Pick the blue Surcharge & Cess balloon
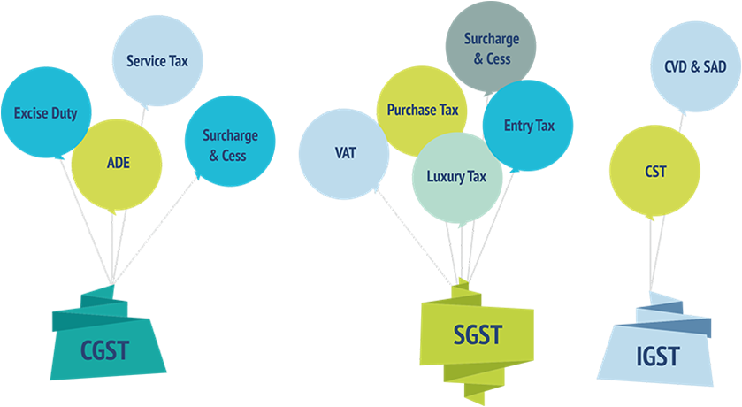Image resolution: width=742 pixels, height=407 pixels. [x=230, y=143]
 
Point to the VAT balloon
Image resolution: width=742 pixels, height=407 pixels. [x=344, y=152]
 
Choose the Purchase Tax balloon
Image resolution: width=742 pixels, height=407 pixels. [x=422, y=110]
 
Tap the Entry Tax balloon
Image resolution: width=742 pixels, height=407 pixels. [x=529, y=126]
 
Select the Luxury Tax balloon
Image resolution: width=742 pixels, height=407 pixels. [x=456, y=176]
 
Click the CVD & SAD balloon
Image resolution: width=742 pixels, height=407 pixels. [x=695, y=66]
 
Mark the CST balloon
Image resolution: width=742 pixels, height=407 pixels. [x=654, y=171]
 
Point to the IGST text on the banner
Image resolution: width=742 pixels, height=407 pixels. [x=658, y=357]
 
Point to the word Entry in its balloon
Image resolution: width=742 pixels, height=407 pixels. [x=518, y=126]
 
